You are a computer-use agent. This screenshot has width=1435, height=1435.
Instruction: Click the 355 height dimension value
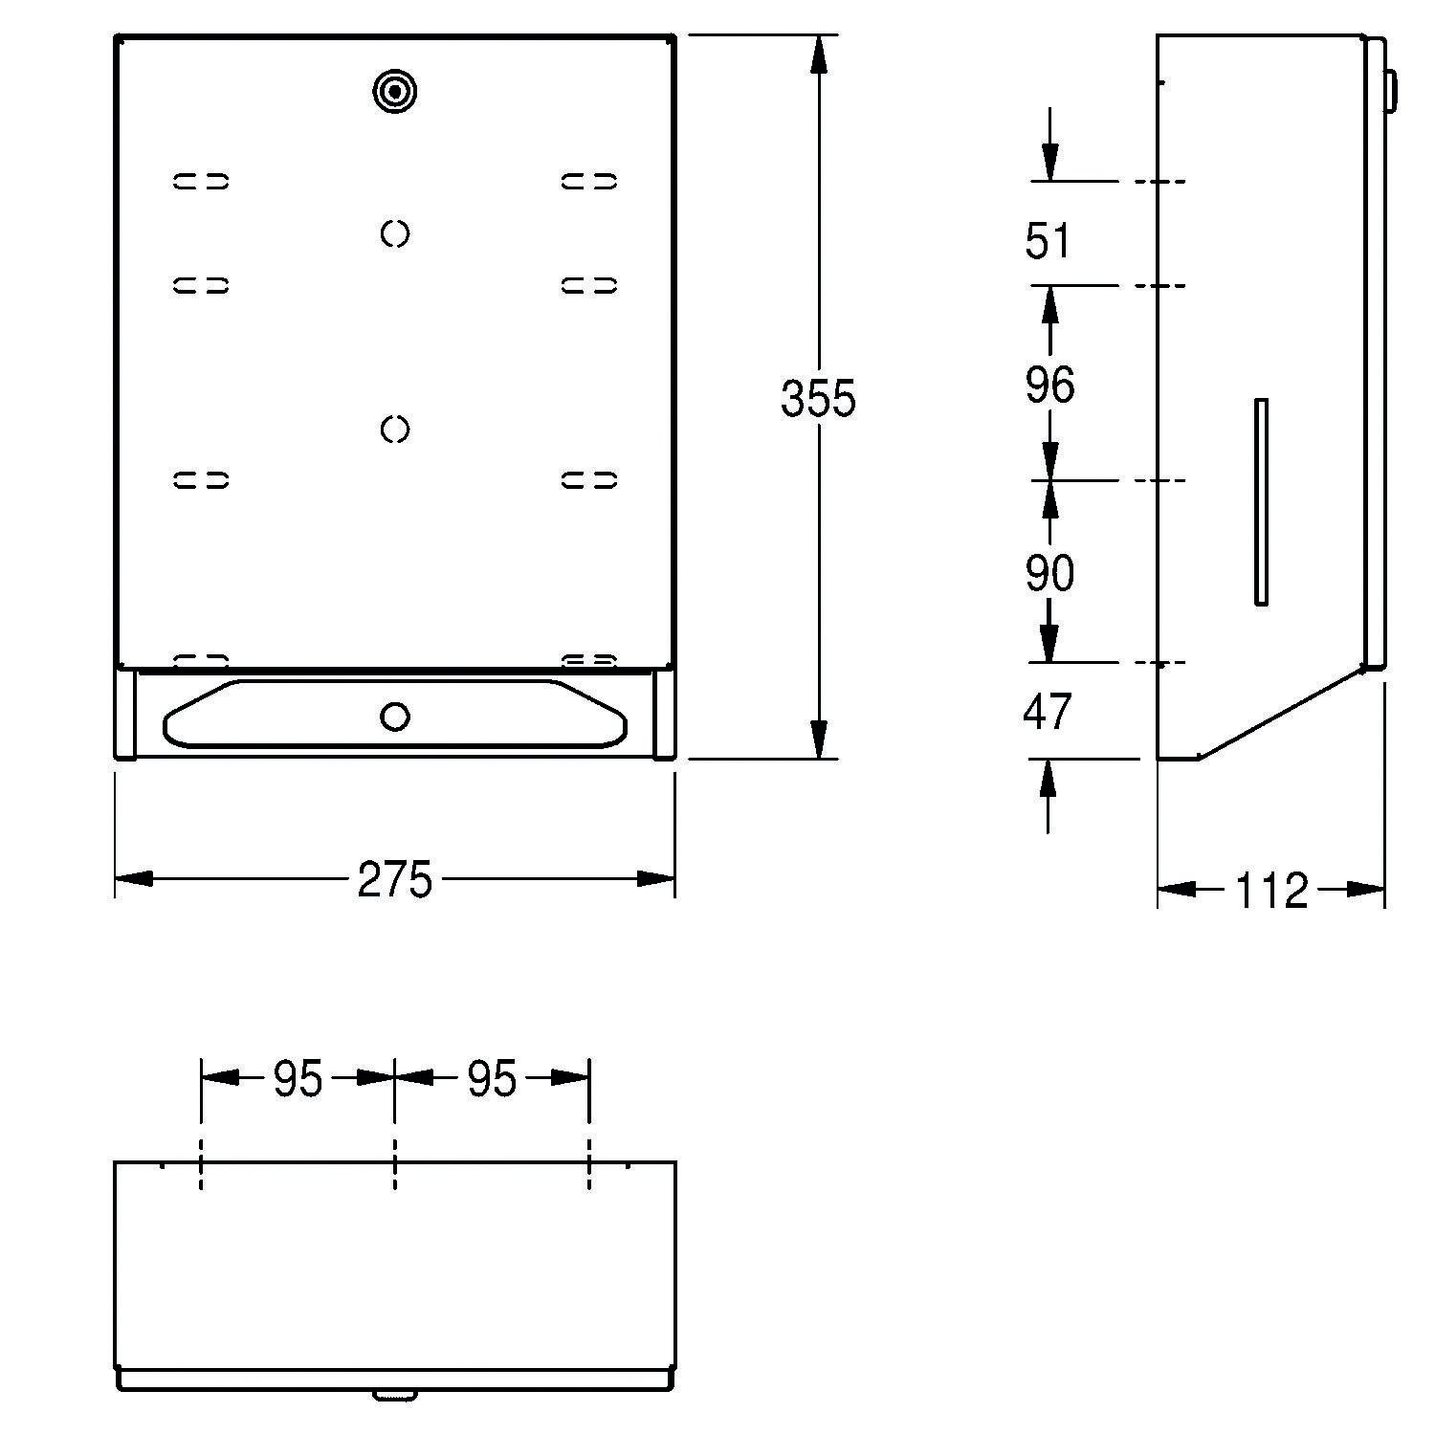(818, 398)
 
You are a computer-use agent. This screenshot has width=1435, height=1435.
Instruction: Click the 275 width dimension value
(394, 879)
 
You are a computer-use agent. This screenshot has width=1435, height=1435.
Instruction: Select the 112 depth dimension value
(1271, 890)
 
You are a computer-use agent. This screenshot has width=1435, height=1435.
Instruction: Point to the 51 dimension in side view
(1049, 240)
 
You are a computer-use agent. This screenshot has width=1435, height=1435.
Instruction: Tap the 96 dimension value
(1049, 384)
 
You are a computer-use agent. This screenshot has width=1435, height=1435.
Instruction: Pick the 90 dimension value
(1049, 573)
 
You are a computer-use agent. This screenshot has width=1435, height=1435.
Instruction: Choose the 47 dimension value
(1048, 712)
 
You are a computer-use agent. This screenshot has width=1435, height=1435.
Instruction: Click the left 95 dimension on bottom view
(298, 1079)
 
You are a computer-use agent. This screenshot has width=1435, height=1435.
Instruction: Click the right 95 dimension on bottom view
(492, 1079)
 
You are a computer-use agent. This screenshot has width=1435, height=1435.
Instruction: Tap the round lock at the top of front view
(394, 91)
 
